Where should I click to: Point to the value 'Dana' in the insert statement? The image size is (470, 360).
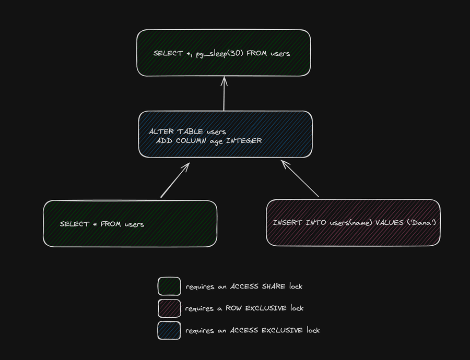pos(422,223)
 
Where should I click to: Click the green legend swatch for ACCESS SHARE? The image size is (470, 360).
pos(169,286)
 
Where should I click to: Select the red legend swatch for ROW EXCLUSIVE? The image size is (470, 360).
pos(169,308)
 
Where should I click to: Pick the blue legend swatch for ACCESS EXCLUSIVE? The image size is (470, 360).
pos(169,330)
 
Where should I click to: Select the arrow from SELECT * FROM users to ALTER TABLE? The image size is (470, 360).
pos(174,181)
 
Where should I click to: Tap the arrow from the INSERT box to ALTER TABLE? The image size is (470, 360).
pos(300,178)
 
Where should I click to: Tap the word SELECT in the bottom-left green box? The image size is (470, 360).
pos(74,224)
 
